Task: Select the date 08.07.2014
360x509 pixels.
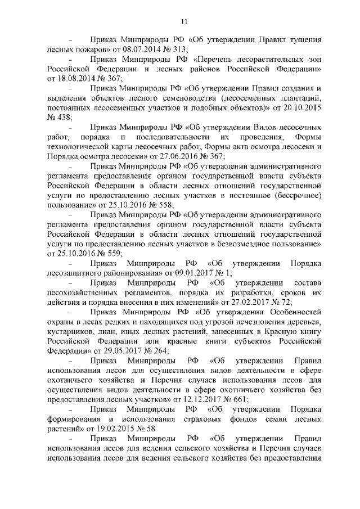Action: pos(132,49)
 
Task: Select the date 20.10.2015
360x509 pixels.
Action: pos(303,106)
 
